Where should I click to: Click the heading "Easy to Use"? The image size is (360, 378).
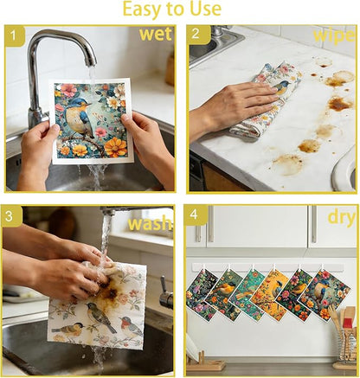point(172,9)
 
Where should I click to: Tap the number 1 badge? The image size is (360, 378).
point(15,36)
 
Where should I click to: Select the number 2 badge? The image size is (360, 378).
point(199,35)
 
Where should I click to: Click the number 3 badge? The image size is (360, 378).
point(11,216)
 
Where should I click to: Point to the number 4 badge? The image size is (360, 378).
point(196,215)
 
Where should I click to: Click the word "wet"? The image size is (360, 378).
point(156,34)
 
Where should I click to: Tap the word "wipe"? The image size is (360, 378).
point(334,36)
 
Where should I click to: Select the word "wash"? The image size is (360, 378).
point(150,223)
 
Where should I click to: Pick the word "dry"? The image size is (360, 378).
point(342,218)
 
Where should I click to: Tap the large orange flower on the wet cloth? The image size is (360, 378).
point(115,147)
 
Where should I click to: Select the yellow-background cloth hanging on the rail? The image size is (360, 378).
point(269,295)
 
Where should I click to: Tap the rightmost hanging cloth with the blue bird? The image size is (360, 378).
point(325,295)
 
